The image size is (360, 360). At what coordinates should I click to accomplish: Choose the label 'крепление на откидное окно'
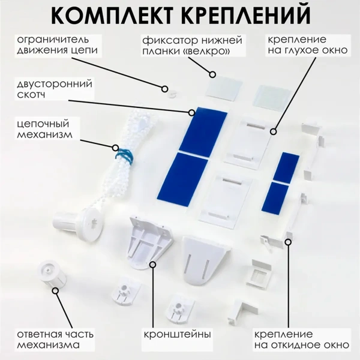[x=300, y=339]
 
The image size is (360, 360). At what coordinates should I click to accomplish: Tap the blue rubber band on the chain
[x=124, y=155]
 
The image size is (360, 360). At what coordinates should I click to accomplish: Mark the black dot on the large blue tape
[x=191, y=112]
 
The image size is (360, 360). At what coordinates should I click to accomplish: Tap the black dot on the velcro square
[x=212, y=75]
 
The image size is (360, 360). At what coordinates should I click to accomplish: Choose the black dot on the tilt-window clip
[x=289, y=242]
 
